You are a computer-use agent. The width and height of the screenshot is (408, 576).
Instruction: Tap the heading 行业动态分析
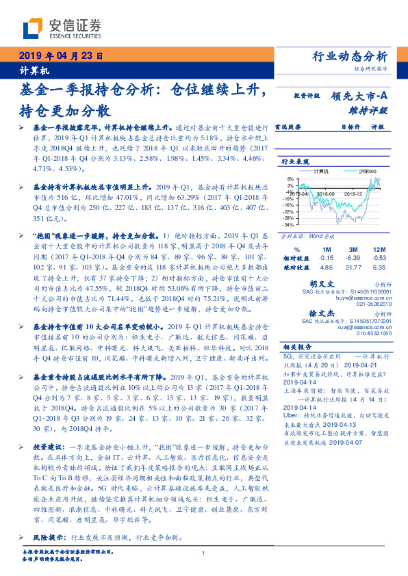coord(349,56)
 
